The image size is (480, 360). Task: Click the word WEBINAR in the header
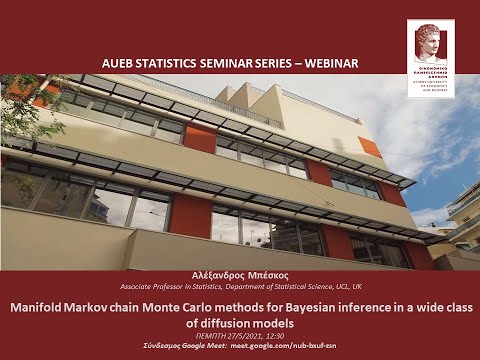click(x=327, y=64)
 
